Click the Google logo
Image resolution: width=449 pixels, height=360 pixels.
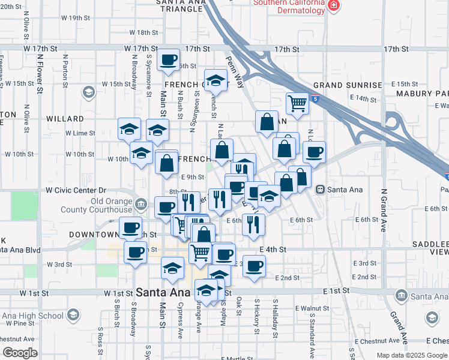click(x=20, y=353)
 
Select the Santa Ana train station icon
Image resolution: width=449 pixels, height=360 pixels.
click(x=321, y=189)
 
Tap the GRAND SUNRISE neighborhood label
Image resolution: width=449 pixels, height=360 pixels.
click(x=347, y=85)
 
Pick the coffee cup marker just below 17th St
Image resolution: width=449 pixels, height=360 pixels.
click(x=168, y=60)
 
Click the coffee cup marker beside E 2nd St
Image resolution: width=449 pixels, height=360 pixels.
click(x=254, y=265)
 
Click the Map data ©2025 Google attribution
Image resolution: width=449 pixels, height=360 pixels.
click(x=412, y=355)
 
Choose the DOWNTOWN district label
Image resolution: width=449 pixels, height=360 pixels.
click(x=95, y=234)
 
